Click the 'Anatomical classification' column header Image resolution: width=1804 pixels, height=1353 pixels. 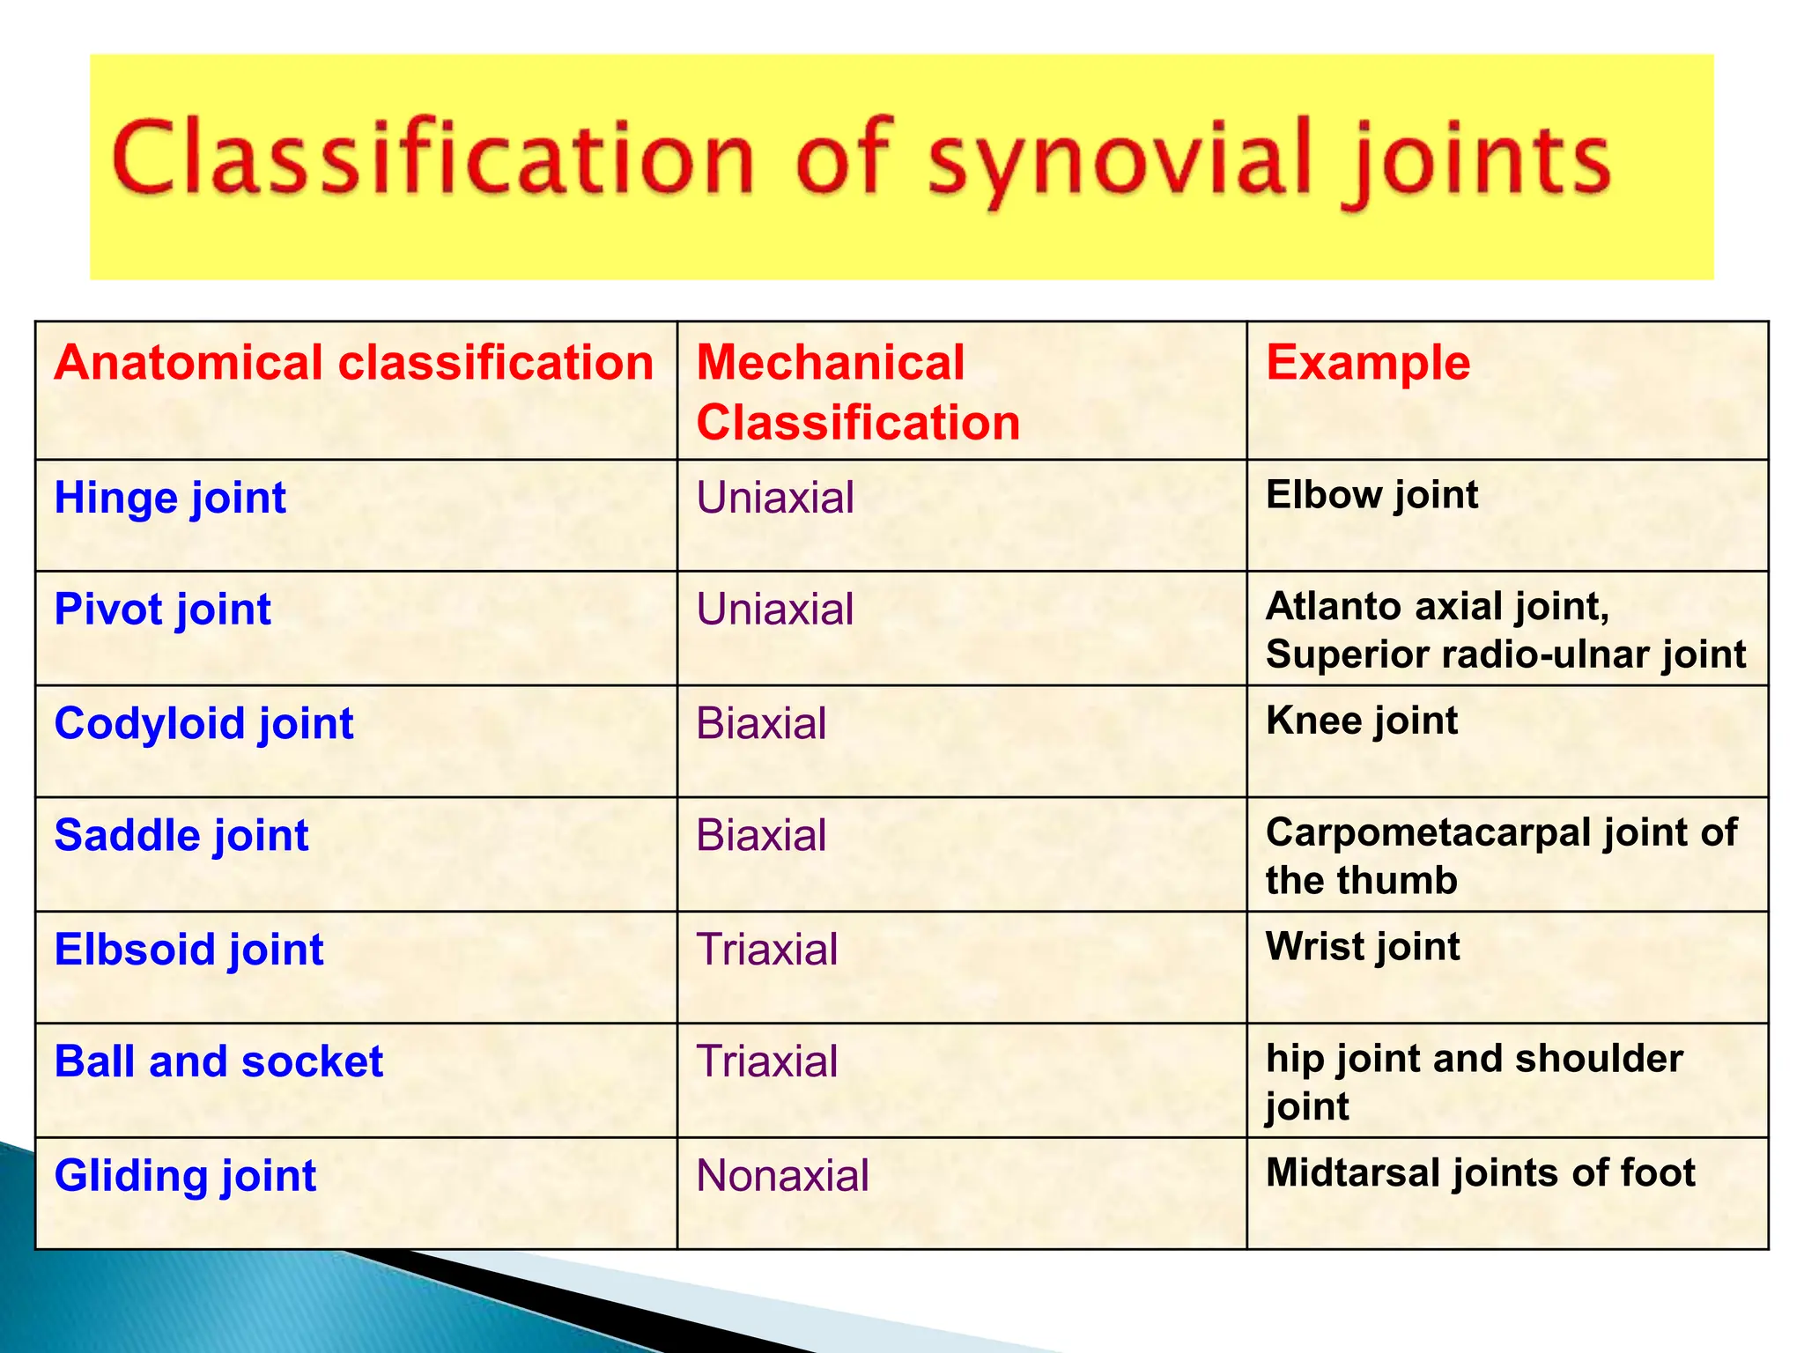click(353, 363)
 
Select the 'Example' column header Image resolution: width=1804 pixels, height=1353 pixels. click(1367, 363)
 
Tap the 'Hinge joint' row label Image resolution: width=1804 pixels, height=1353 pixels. click(170, 498)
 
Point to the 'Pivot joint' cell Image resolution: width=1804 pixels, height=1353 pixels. click(163, 610)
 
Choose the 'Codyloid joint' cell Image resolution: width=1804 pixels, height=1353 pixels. click(203, 724)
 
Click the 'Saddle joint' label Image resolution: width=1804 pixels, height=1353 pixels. click(181, 835)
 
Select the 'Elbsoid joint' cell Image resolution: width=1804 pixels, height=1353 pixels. click(189, 950)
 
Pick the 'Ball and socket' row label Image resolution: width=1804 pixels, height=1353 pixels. click(218, 1061)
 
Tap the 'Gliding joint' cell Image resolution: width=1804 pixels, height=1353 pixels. click(185, 1176)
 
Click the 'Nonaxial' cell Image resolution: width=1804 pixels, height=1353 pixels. click(782, 1176)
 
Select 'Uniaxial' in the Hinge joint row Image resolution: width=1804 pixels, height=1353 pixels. click(775, 498)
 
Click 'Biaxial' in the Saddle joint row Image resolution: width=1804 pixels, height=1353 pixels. click(761, 835)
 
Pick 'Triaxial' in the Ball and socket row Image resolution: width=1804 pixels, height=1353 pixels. click(766, 1061)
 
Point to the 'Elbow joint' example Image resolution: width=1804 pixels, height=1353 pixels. click(1371, 495)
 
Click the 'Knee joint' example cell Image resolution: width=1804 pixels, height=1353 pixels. click(1361, 721)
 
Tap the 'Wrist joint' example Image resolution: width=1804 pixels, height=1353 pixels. click(1362, 947)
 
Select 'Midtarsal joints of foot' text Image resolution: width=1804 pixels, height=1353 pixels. click(1480, 1173)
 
